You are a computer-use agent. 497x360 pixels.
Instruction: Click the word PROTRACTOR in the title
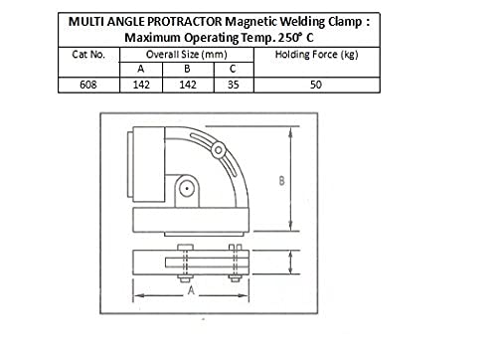[x=184, y=22]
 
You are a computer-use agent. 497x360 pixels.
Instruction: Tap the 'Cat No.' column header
[x=88, y=55]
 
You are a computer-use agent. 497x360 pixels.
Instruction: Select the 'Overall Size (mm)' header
[x=187, y=55]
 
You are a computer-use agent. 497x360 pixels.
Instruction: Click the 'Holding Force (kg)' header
[x=316, y=55]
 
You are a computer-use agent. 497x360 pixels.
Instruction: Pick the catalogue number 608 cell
[x=88, y=85]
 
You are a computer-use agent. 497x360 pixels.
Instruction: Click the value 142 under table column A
[x=141, y=85]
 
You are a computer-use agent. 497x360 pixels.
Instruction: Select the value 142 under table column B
[x=188, y=85]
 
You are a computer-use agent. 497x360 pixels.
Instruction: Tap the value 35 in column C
[x=234, y=85]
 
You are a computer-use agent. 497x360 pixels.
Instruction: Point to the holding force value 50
[x=316, y=85]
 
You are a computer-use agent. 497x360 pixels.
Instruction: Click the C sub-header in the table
[x=233, y=69]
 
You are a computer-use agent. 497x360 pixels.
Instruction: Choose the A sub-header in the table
[x=141, y=69]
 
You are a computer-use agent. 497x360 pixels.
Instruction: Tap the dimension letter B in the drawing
[x=281, y=181]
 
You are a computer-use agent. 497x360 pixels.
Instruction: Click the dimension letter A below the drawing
[x=191, y=290]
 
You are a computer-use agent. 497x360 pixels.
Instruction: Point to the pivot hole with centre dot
[x=187, y=189]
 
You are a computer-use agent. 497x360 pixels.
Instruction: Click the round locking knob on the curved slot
[x=218, y=150]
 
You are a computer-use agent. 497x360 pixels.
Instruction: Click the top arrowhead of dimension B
[x=290, y=131]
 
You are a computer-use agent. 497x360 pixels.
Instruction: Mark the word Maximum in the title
[x=153, y=38]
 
